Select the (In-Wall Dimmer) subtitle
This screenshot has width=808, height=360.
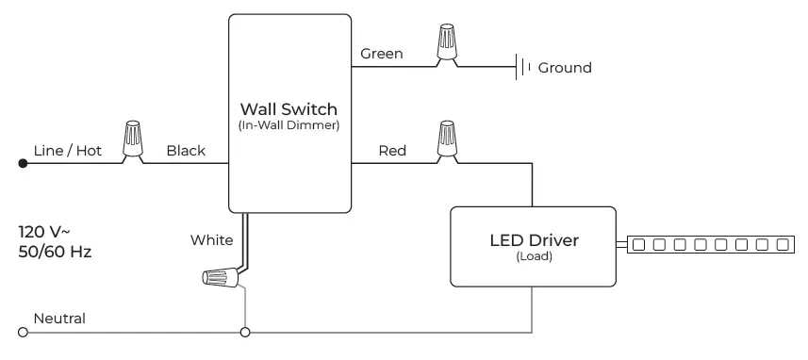[x=289, y=125]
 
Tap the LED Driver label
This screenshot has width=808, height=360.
[x=534, y=240]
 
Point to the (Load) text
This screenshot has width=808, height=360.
[x=534, y=256]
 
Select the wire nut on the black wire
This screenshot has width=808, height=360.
[x=133, y=140]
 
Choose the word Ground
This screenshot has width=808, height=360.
[x=565, y=68]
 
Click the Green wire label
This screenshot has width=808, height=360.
[x=382, y=54]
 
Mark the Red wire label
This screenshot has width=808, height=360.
[x=392, y=151]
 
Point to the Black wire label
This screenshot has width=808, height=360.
[x=186, y=151]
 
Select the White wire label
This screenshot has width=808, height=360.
[x=211, y=240]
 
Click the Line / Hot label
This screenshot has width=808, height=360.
[x=66, y=151]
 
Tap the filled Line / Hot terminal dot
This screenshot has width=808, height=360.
[x=23, y=164]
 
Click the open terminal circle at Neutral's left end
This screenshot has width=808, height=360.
[x=23, y=333]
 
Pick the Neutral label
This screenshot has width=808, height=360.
[x=59, y=319]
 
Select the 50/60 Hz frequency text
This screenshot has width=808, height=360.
[x=55, y=252]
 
